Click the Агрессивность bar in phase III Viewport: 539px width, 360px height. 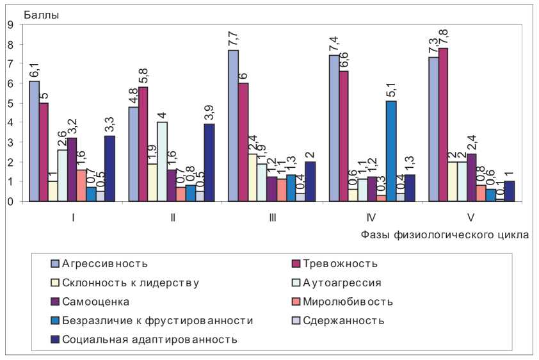click(233, 126)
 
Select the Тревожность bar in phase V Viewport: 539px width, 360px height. click(443, 124)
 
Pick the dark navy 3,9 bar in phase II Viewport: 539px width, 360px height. click(209, 163)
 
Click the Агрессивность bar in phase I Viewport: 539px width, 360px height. click(34, 141)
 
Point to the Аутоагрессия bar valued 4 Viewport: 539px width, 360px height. click(162, 161)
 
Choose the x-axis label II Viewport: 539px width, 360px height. click(173, 218)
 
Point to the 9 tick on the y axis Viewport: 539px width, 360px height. click(10, 25)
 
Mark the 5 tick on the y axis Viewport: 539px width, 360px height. click(10, 103)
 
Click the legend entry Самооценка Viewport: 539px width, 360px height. click(96, 301)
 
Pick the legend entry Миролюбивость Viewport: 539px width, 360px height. click(348, 301)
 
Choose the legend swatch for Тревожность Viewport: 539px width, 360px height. click(296, 263)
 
